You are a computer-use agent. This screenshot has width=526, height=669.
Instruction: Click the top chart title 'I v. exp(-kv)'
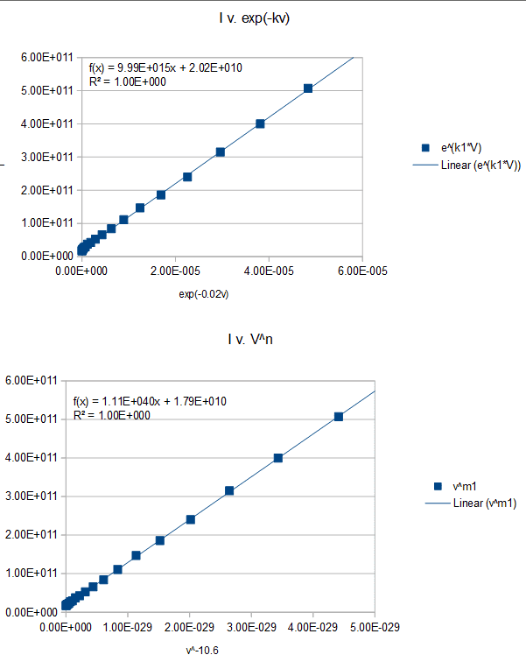254,18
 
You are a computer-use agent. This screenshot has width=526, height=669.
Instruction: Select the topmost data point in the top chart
308,88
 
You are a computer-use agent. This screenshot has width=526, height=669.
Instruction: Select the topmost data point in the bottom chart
339,417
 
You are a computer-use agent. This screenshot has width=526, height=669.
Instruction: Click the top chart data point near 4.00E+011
260,124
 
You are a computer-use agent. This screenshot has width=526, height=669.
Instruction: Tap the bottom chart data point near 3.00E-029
229,490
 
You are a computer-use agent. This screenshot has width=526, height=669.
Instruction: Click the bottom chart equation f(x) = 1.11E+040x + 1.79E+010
150,402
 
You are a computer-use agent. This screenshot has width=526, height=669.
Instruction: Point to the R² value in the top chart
128,81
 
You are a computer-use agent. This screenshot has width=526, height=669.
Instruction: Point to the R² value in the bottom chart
112,416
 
